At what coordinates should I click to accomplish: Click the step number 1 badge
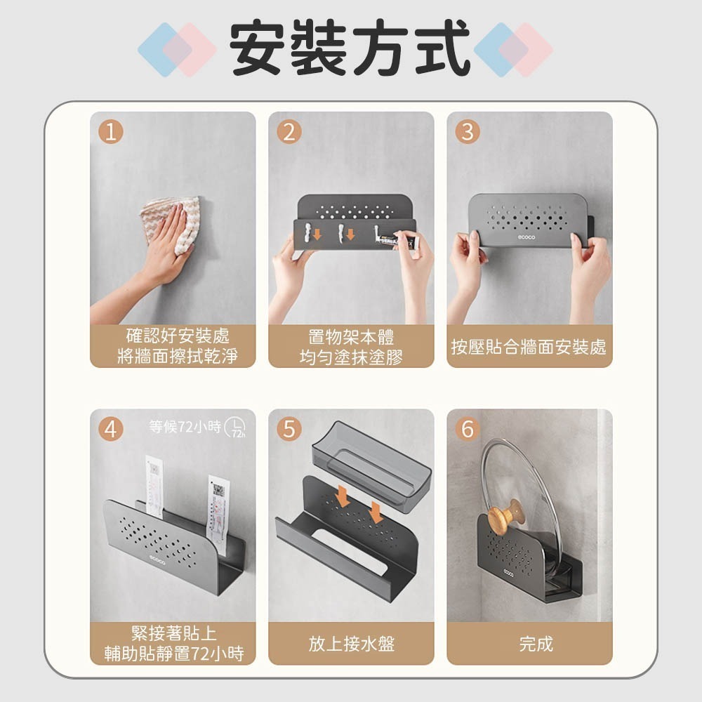click(110, 131)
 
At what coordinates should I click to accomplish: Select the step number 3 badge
click(468, 131)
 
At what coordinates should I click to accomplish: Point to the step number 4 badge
click(110, 428)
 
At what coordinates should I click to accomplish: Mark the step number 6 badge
click(468, 428)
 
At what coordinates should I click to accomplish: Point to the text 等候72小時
click(185, 426)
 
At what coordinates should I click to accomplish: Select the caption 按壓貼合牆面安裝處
click(529, 347)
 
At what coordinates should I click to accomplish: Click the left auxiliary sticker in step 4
click(156, 488)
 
